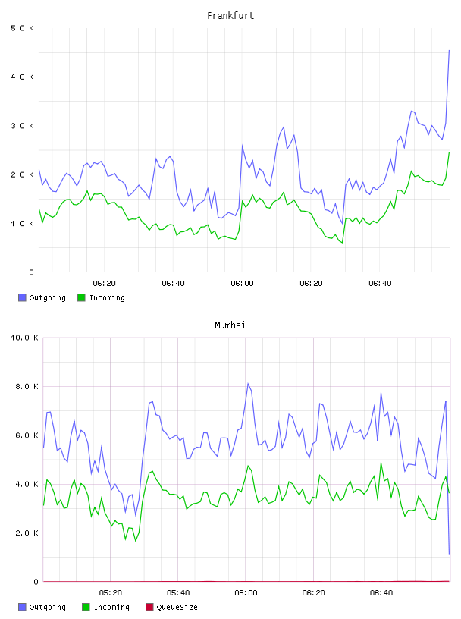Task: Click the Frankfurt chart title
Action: [230, 16]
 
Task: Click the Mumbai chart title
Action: [230, 325]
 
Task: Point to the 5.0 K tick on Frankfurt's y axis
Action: [22, 28]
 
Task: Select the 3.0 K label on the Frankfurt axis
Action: [22, 126]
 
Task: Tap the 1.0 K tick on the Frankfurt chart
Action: [22, 224]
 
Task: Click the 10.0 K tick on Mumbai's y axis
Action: [24, 338]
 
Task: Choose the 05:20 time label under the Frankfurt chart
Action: [104, 284]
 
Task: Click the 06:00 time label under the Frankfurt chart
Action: [242, 284]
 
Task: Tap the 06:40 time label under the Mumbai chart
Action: [381, 593]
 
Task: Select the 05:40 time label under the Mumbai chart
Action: [178, 593]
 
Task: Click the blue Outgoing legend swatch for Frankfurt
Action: [22, 297]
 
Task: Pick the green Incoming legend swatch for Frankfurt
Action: [81, 297]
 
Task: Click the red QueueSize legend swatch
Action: [149, 607]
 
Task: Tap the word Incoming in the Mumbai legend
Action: [111, 608]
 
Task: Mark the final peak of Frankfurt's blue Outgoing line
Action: [449, 51]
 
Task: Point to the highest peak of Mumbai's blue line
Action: [248, 383]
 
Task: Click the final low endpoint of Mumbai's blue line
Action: [449, 554]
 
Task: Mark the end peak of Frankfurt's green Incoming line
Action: [449, 152]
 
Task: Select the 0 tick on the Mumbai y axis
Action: [36, 582]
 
